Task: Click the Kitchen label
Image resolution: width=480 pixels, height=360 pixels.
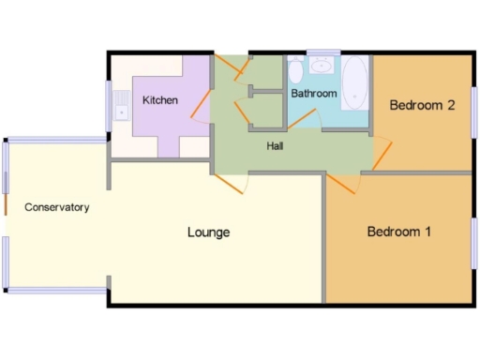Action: coord(159,99)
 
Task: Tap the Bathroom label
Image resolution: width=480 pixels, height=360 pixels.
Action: coord(313,94)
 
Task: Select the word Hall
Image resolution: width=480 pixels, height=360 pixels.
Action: coord(275,146)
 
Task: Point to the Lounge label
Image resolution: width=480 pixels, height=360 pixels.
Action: coord(208,232)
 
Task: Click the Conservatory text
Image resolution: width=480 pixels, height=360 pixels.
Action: coord(57,207)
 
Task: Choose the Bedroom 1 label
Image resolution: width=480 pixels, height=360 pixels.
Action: coord(398,232)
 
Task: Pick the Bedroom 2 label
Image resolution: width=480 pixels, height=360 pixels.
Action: coord(422,105)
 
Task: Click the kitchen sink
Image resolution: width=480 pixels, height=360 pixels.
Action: coord(120,108)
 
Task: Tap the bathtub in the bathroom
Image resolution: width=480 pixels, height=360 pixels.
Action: coord(354,84)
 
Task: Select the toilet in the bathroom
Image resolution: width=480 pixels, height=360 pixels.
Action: coord(295,71)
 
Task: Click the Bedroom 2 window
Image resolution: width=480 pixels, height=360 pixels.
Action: coord(474,112)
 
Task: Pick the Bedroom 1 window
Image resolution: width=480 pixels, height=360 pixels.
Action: coord(474,242)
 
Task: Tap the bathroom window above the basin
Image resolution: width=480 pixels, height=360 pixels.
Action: coord(323,52)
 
